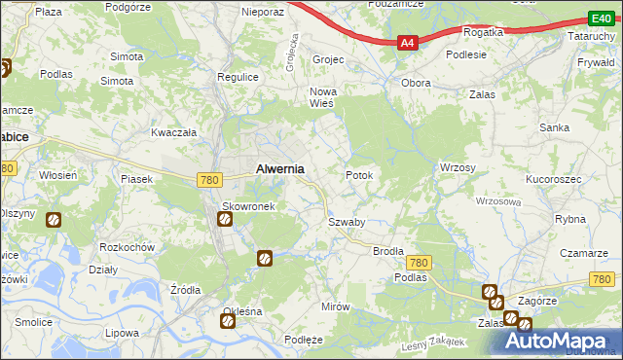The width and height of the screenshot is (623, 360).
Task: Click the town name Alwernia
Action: coord(279,168)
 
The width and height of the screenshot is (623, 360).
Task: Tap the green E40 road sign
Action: coord(600,19)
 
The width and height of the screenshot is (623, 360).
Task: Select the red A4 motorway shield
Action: coord(409,43)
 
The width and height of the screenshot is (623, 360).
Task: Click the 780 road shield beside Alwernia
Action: coord(207,179)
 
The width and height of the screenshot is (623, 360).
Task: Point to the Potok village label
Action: coord(359,175)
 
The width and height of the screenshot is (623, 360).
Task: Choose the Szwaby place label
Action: coord(346,222)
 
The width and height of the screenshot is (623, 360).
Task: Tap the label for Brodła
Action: coord(388,251)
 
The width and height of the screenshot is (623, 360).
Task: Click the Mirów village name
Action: coord(335,306)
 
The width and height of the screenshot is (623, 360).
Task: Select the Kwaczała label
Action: coord(174,132)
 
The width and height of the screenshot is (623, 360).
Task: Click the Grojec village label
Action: coord(328,59)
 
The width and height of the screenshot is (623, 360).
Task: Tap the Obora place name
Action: coord(417,83)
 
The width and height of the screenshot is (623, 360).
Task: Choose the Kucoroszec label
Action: coord(553,180)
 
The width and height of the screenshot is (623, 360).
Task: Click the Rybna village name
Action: coord(569,219)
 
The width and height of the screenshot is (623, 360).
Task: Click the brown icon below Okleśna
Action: coord(228,322)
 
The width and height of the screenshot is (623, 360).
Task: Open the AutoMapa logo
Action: coord(560,341)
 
